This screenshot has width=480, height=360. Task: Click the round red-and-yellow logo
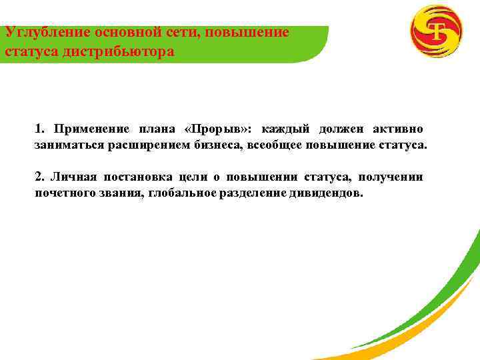point(436,31)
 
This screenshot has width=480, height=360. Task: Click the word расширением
point(141,145)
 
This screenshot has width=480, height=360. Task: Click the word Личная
point(73,177)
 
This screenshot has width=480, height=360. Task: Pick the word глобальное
point(179,193)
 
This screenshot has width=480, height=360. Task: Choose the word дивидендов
point(326,193)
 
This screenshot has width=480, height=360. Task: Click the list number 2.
point(39,177)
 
